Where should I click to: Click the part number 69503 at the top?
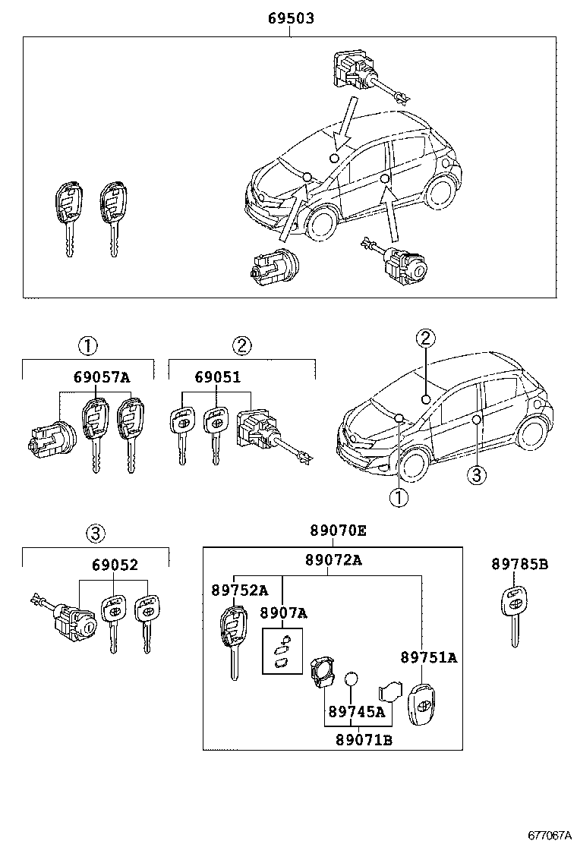(290, 18)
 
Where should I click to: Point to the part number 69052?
(115, 565)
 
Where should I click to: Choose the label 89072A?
(333, 560)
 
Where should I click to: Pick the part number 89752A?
(239, 590)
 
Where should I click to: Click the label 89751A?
(429, 657)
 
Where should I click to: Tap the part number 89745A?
(356, 713)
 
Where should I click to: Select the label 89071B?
(364, 740)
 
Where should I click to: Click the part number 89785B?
(519, 564)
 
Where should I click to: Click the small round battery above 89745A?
(351, 679)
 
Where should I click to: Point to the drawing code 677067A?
(549, 835)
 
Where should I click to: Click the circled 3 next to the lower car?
(475, 475)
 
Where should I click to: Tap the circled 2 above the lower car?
(425, 338)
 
